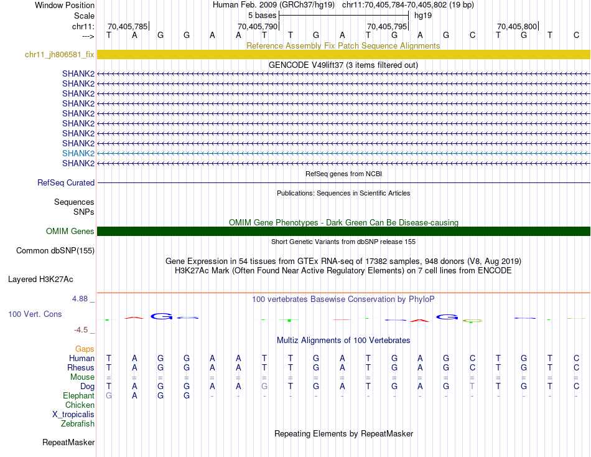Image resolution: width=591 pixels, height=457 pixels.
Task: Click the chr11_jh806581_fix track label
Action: [x=60, y=55]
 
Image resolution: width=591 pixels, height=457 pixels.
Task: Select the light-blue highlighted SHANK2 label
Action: [x=78, y=153]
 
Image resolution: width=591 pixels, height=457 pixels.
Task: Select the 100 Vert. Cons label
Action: [x=35, y=314]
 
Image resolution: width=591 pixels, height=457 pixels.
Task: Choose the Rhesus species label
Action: [x=81, y=367]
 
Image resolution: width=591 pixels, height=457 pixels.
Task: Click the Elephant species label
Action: [x=79, y=396]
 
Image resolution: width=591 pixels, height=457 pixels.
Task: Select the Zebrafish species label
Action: [x=78, y=424]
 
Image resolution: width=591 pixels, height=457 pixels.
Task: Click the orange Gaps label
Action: [x=85, y=349]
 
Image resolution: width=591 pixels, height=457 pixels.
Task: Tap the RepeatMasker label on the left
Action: [x=68, y=443]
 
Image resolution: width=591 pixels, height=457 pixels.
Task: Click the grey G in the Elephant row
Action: [x=109, y=396]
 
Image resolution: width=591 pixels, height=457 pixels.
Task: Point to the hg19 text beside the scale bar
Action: [x=423, y=15]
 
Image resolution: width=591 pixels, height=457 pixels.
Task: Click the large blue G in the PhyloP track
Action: [x=161, y=316]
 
